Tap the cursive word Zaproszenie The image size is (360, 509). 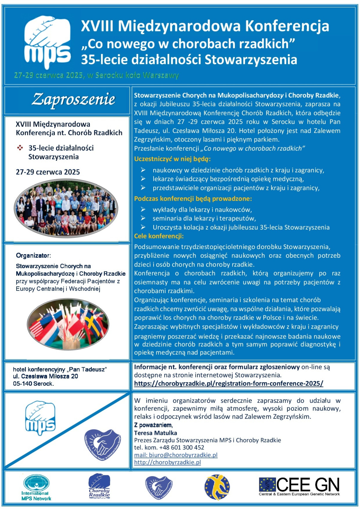(x=73, y=99)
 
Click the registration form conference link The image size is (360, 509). (x=229, y=383)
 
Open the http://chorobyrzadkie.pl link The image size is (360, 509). (x=167, y=462)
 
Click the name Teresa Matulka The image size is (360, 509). (x=155, y=433)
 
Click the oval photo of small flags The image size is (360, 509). (x=68, y=324)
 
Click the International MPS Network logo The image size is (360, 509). (x=36, y=487)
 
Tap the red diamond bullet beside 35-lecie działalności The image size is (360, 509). (x=20, y=148)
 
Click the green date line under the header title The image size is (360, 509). (x=96, y=75)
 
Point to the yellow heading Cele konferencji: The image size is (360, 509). (x=159, y=236)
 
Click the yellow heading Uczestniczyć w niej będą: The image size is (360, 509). (x=172, y=159)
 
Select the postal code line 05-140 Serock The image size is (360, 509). (x=33, y=384)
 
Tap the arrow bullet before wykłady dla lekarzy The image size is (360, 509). (x=143, y=209)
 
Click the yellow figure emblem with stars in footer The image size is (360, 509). (x=217, y=487)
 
